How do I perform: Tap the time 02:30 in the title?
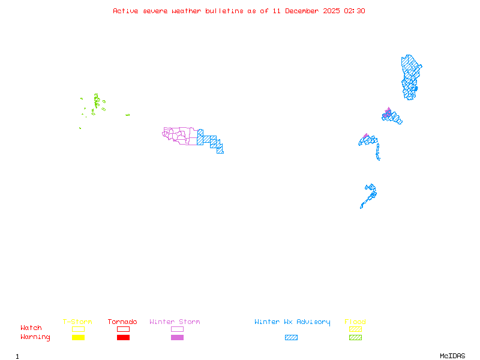click(x=355, y=11)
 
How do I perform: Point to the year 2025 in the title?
click(x=332, y=11)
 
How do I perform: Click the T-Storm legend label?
click(x=77, y=322)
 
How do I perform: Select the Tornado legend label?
click(x=122, y=322)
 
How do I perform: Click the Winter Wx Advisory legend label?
click(x=292, y=322)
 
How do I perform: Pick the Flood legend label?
click(x=355, y=322)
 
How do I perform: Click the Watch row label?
click(x=31, y=328)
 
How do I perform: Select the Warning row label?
click(x=35, y=337)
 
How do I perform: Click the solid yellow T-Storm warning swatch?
click(x=78, y=338)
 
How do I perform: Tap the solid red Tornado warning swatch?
click(x=123, y=338)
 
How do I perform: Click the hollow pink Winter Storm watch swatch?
click(x=177, y=329)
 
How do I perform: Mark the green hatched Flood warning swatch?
click(x=355, y=338)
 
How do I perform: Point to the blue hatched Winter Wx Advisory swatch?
click(x=291, y=338)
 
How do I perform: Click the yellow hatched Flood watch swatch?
click(x=355, y=329)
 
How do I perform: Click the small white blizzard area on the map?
click(x=380, y=158)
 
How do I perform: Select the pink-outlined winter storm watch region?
click(x=180, y=135)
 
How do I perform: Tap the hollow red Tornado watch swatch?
click(x=123, y=329)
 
